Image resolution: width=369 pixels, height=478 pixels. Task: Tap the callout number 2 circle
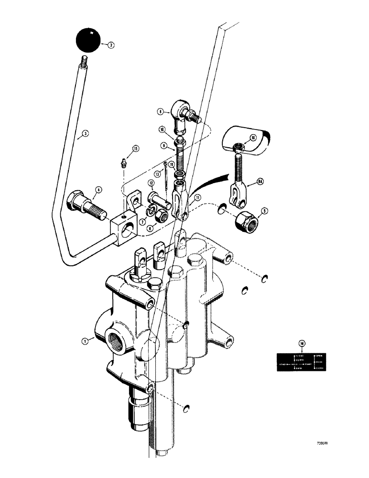[x=111, y=45]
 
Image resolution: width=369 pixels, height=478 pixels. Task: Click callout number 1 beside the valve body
[x=84, y=341]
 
